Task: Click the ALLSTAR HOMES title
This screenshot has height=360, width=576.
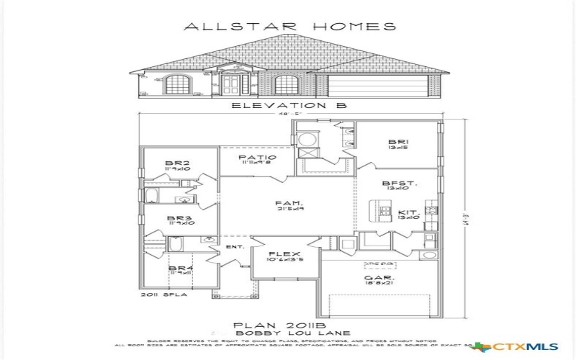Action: click(290, 27)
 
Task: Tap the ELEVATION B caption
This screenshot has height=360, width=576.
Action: click(289, 105)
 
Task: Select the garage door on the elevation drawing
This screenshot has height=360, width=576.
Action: click(377, 86)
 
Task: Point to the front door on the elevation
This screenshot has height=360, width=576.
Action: click(231, 85)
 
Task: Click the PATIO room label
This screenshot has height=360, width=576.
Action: click(256, 158)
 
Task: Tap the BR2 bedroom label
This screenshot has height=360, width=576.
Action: click(177, 164)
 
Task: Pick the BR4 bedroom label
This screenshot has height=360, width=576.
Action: click(178, 269)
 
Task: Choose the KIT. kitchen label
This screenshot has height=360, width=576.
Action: click(408, 213)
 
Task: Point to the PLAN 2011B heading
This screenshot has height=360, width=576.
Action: click(289, 324)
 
